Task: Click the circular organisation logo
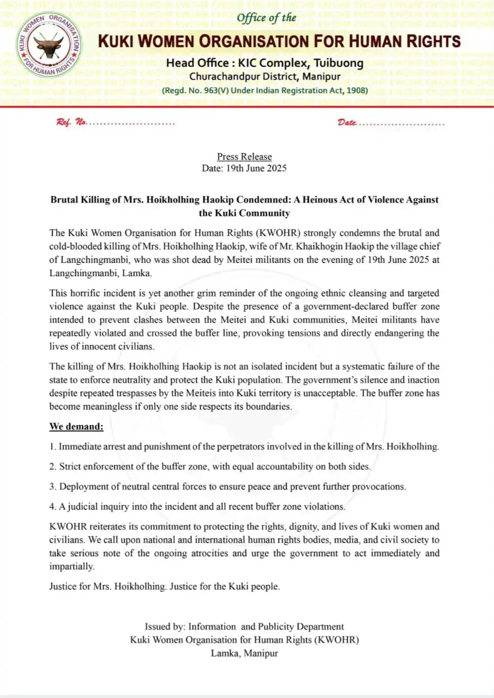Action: [49, 45]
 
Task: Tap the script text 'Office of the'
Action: [266, 18]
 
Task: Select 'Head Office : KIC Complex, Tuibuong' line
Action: [265, 63]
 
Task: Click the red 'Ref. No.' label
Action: [72, 122]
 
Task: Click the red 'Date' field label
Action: [347, 122]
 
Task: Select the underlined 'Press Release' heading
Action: [244, 156]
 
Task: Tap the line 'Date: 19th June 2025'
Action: [244, 168]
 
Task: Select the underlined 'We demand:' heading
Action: [76, 427]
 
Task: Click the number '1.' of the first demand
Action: [53, 447]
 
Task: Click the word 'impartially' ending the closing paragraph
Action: [71, 566]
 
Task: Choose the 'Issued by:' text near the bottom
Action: [165, 627]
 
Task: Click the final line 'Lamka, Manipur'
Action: [244, 653]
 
